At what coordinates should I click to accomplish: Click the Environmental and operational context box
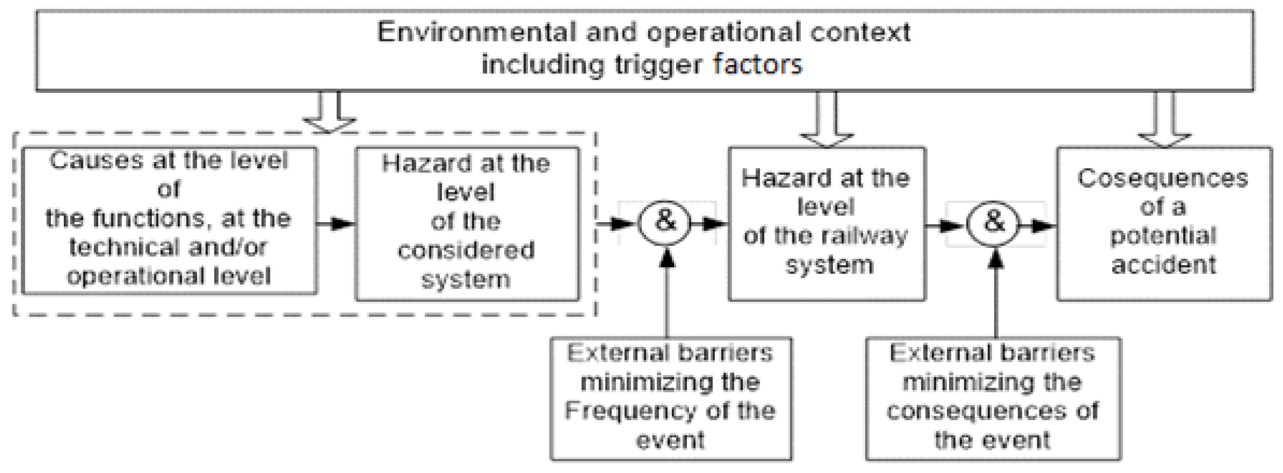click(x=644, y=50)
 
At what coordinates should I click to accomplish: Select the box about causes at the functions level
click(x=169, y=220)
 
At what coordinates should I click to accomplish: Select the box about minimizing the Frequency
click(x=671, y=398)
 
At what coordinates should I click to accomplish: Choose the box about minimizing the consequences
click(x=992, y=398)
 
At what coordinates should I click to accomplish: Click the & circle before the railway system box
click(x=665, y=223)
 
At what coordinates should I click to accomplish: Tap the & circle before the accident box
click(x=992, y=223)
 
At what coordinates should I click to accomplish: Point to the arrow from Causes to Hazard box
click(x=336, y=224)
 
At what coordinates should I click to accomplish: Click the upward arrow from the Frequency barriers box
click(x=666, y=294)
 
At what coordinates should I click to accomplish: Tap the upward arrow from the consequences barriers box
click(x=995, y=294)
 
